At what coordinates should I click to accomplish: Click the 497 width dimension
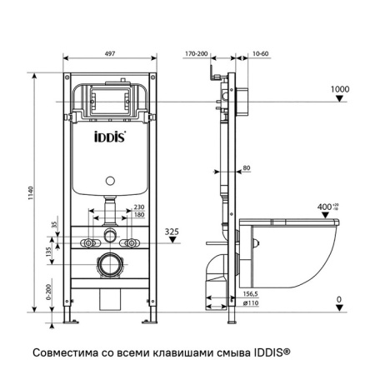point(111,52)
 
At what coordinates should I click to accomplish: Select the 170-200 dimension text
point(197,52)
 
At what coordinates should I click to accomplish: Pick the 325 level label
point(172,230)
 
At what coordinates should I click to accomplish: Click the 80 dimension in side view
point(246,169)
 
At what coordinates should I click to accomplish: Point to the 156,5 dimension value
point(248,292)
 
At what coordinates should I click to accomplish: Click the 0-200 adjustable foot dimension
point(50,291)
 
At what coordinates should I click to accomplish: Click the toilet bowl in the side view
point(296,250)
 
